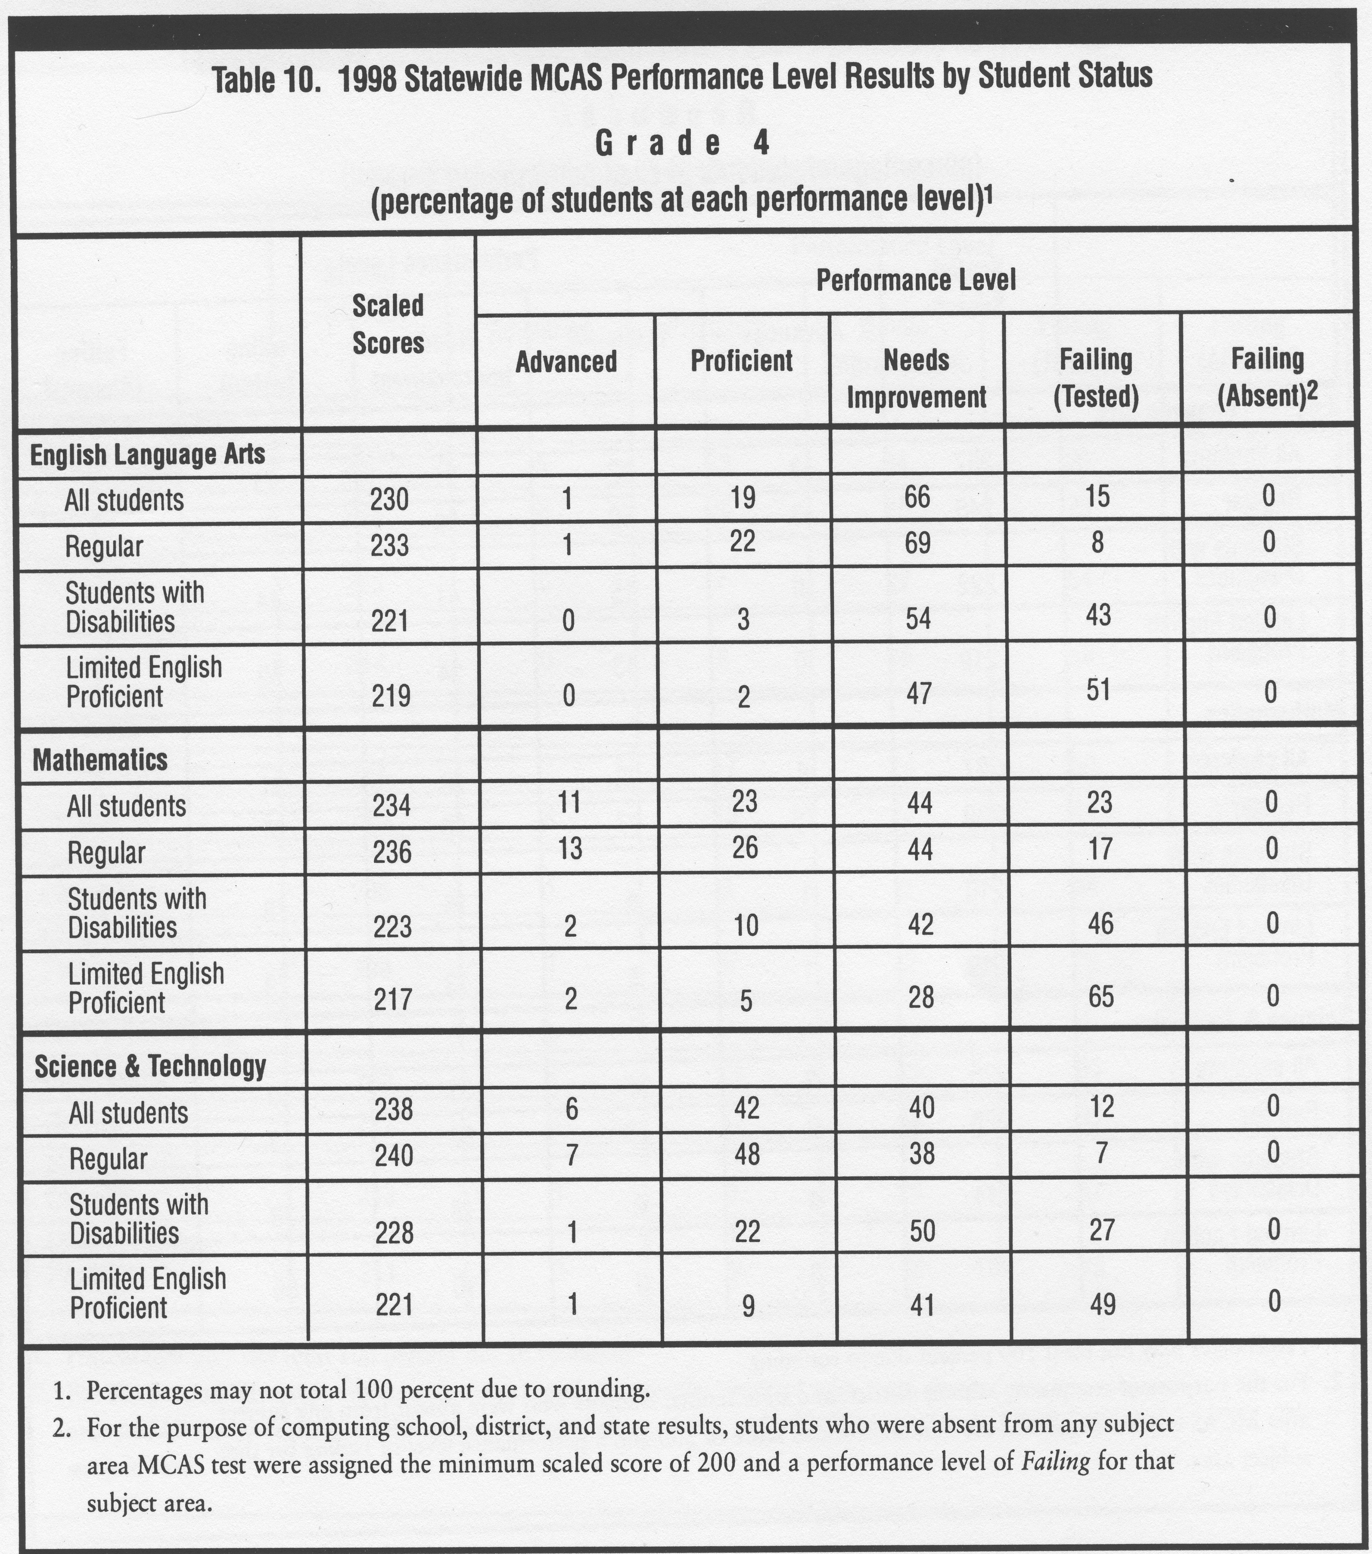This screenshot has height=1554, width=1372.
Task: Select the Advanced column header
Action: click(x=566, y=362)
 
